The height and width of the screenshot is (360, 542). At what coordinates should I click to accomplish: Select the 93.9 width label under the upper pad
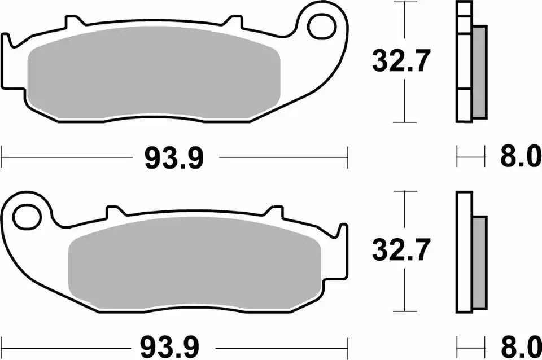point(174,159)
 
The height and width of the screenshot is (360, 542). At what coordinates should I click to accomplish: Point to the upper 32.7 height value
point(401,62)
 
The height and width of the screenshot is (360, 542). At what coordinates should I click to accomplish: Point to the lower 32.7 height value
point(401,250)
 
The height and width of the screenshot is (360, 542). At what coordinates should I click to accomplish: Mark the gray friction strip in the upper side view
point(479,72)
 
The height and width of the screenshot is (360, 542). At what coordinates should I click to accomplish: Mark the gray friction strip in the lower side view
point(479,263)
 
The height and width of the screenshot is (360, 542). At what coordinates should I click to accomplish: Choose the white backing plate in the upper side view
point(464,62)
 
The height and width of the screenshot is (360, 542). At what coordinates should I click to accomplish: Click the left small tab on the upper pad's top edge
point(73,23)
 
